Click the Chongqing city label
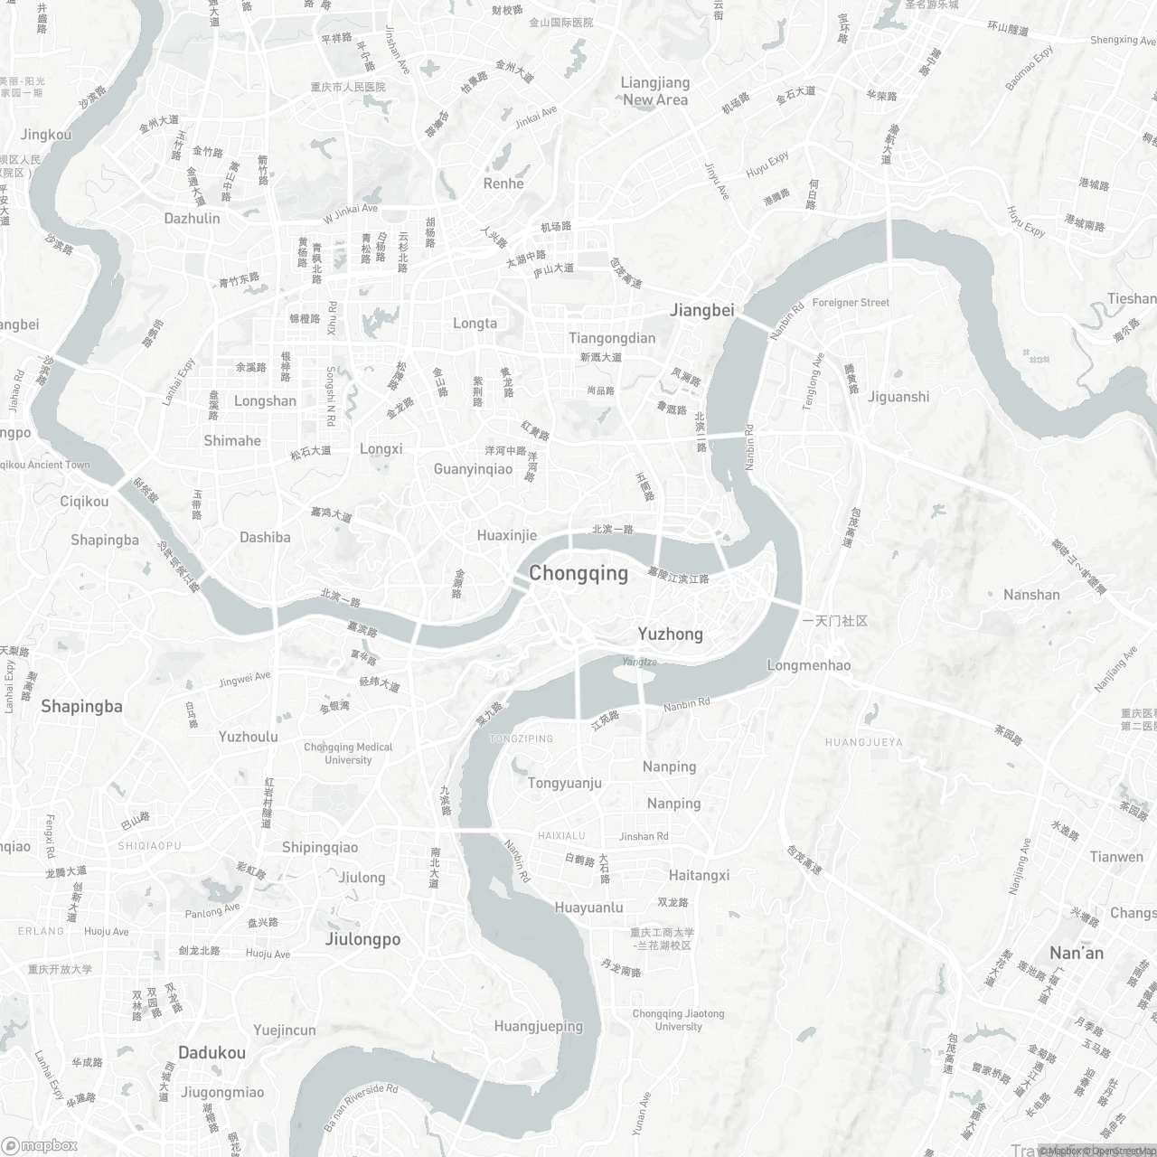[578, 573]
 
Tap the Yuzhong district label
[671, 634]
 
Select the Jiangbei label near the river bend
[702, 310]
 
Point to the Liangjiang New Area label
[655, 91]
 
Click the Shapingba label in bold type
[81, 706]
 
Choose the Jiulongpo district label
[362, 939]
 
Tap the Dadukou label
[212, 1052]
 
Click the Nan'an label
[1077, 953]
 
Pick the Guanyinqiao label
[473, 469]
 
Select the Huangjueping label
[539, 1026]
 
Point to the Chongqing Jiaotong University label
[679, 1020]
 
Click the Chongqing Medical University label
[348, 753]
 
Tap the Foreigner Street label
[851, 303]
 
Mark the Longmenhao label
[808, 665]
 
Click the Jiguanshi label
[898, 396]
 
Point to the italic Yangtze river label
[639, 662]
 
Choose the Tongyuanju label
[565, 783]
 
